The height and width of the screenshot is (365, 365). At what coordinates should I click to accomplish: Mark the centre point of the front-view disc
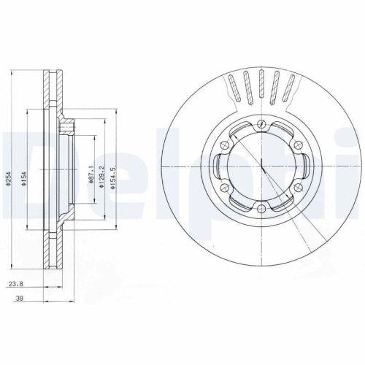point(261,167)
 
